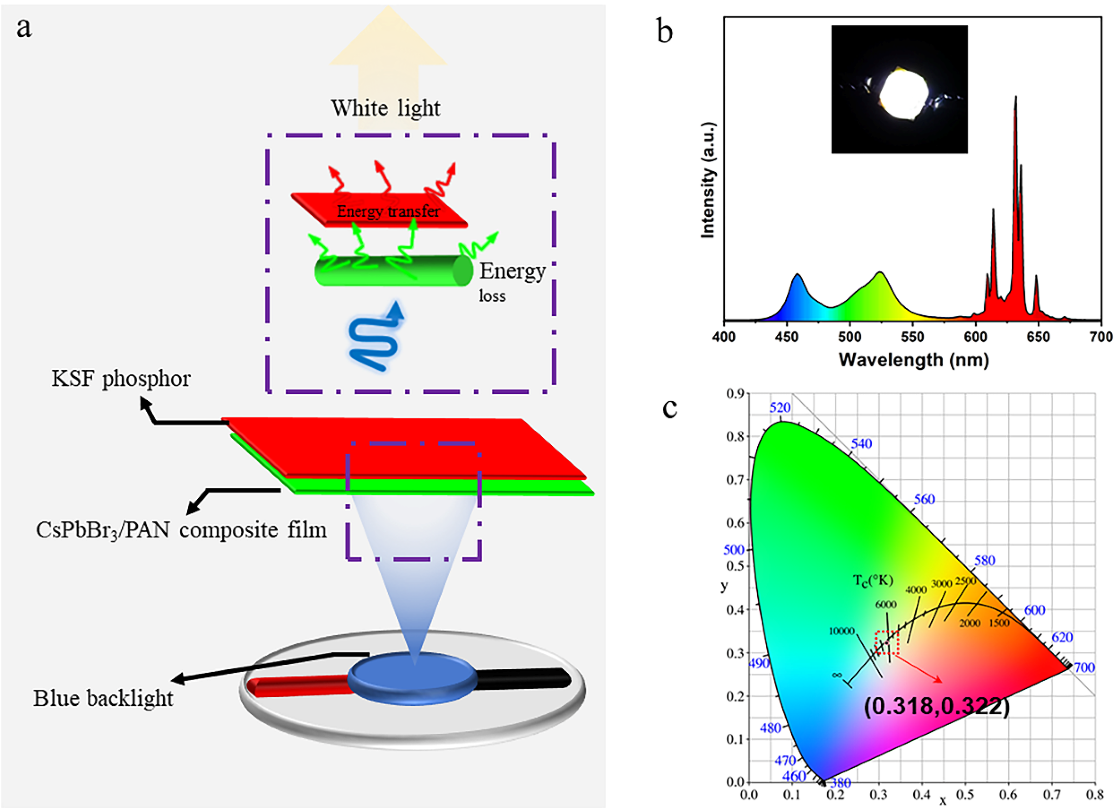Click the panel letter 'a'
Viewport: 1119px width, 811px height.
[24, 28]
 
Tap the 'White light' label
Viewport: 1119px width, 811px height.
[385, 108]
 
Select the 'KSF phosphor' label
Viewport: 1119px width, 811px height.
[121, 379]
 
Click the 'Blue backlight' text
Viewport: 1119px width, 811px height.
[103, 698]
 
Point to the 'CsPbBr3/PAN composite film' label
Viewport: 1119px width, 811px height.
[181, 530]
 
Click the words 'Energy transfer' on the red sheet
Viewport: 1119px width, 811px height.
[388, 211]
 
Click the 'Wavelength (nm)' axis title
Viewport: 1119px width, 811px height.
[914, 360]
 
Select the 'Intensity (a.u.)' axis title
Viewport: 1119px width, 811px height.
[708, 179]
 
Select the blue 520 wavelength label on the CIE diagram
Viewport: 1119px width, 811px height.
[780, 408]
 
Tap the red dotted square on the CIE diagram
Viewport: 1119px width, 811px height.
[887, 643]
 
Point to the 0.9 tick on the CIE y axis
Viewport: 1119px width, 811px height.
[735, 393]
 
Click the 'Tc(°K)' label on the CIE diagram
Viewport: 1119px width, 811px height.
[873, 580]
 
